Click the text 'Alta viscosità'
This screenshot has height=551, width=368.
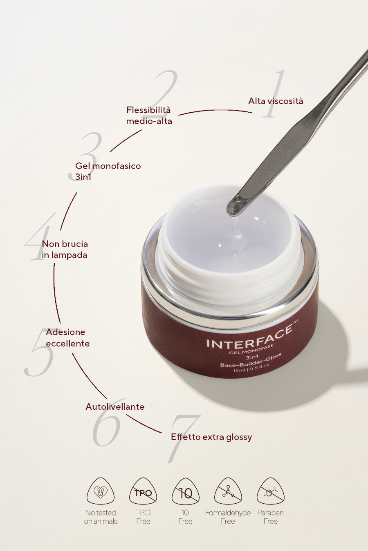[276, 101]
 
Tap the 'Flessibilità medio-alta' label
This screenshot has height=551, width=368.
[149, 116]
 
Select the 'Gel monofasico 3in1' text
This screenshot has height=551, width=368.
[108, 171]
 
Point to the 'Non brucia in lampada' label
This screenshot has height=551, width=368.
[65, 249]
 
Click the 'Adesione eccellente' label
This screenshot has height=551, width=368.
[67, 338]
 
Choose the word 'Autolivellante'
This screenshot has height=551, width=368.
[115, 407]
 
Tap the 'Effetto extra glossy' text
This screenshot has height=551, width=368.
[211, 437]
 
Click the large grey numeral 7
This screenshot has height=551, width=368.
[184, 439]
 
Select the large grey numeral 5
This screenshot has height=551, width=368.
[39, 352]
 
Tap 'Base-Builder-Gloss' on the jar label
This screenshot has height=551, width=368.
[251, 360]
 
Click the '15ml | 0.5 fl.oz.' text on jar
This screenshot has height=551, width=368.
[251, 367]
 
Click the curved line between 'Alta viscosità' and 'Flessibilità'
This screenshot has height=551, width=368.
[215, 111]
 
